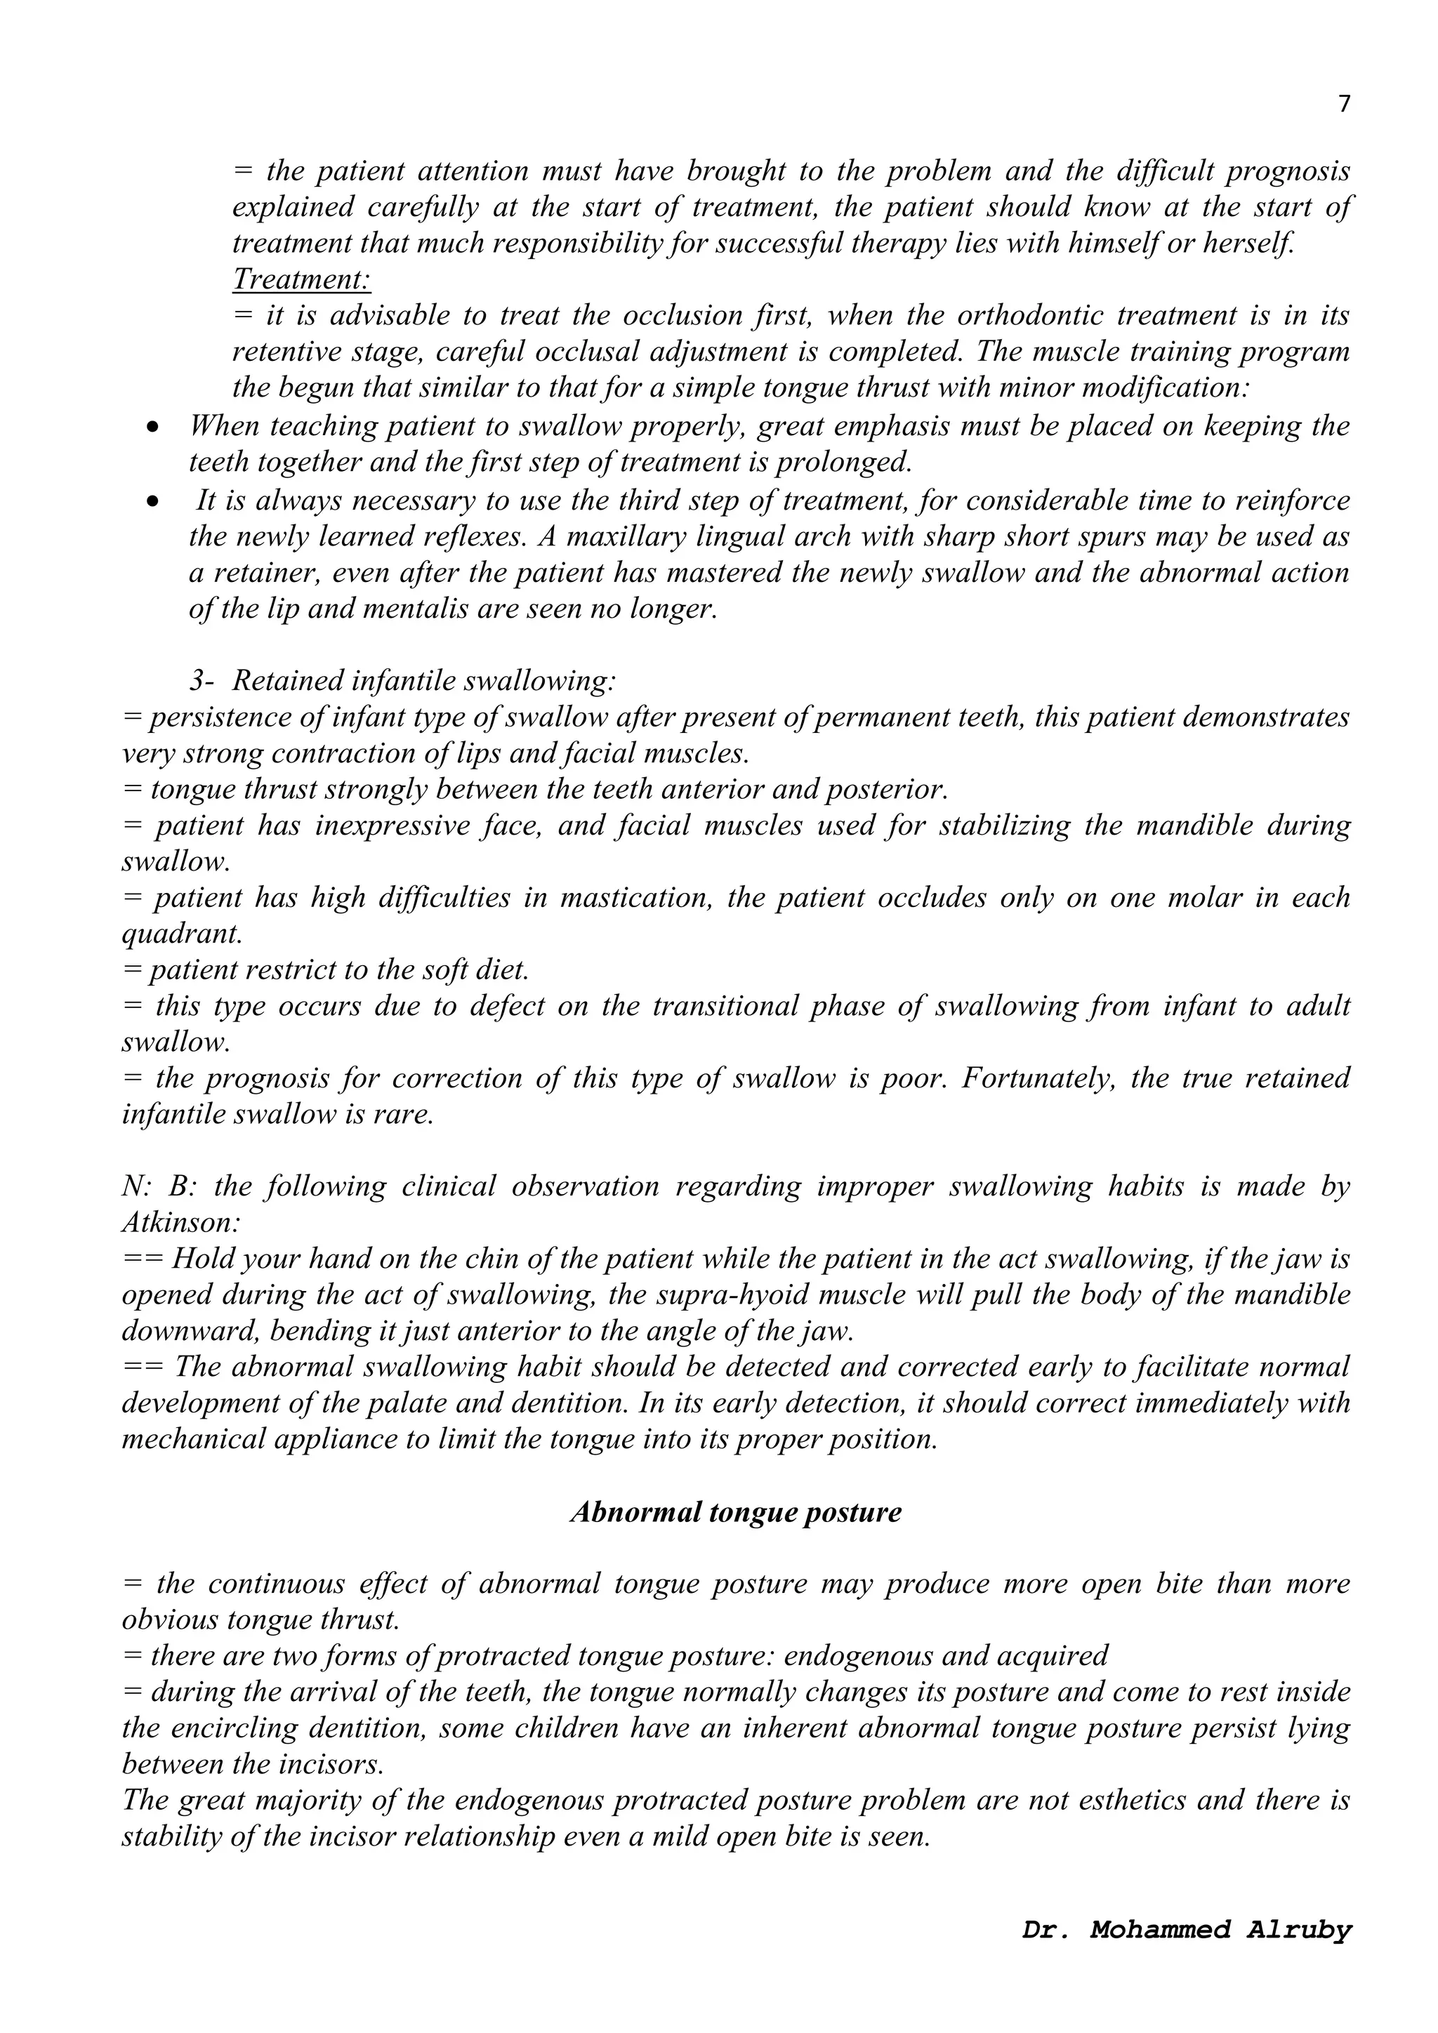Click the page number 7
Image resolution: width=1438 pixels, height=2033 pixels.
[1344, 105]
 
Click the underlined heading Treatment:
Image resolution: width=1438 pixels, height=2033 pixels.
[301, 280]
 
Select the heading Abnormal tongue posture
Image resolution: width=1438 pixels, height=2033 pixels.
[735, 1511]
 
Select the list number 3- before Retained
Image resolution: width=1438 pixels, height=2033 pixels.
[201, 681]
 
